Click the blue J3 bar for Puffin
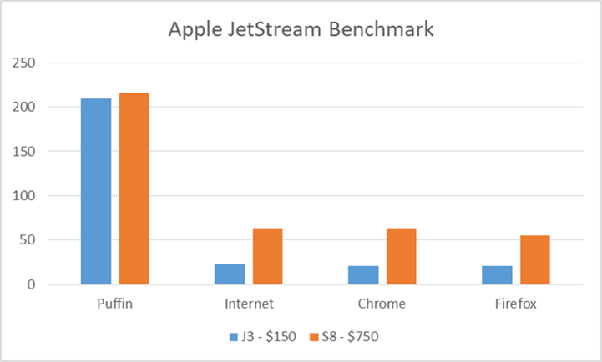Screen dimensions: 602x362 pos(96,191)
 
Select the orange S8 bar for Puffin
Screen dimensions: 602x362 pos(134,189)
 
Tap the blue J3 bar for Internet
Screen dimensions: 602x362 pos(230,274)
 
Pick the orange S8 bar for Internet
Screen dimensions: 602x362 pos(267,256)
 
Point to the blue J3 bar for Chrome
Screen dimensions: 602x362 pos(363,275)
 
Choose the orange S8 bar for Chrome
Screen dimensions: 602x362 pos(402,256)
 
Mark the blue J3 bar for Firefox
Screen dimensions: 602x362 pos(497,275)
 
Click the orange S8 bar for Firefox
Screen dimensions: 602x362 pos(535,260)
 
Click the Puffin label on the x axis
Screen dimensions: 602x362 pos(114,304)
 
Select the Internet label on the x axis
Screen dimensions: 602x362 pos(249,304)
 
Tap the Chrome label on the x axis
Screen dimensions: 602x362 pos(382,304)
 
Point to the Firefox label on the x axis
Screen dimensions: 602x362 pos(516,304)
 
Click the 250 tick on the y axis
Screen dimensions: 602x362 pos(24,63)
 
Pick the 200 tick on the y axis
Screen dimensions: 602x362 pos(24,107)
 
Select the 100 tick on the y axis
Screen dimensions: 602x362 pos(24,195)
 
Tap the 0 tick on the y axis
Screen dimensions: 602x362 pos(31,284)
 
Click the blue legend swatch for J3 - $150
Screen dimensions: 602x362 pos(234,337)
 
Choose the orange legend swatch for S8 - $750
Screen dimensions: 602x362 pos(315,337)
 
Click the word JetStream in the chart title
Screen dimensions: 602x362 pos(274,29)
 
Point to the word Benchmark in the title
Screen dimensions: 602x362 pos(382,29)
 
